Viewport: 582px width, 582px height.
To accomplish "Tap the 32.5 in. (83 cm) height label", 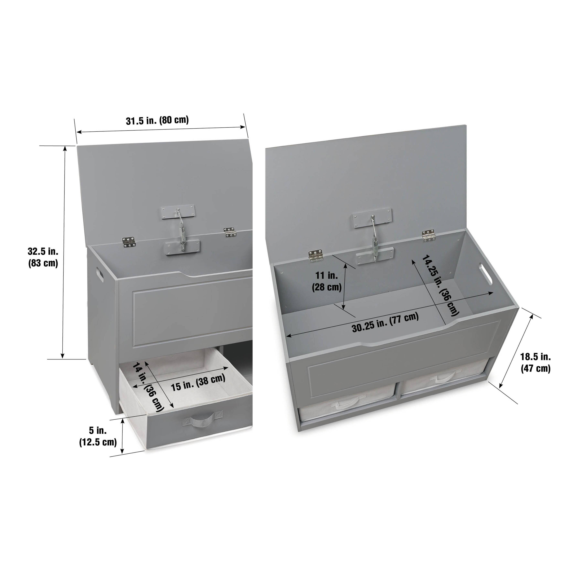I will coord(43,257).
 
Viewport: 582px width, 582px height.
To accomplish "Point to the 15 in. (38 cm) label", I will coord(198,382).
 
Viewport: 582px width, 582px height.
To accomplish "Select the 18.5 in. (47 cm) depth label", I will coord(536,362).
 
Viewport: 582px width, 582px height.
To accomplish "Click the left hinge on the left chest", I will coord(129,241).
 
